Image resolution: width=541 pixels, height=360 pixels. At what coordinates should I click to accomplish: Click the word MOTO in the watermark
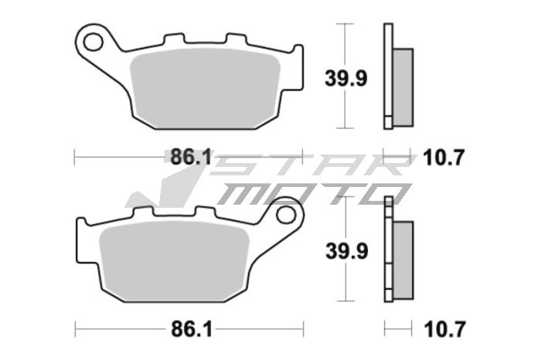tap(309, 193)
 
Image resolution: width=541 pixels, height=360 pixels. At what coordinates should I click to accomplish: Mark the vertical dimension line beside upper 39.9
tap(344, 108)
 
